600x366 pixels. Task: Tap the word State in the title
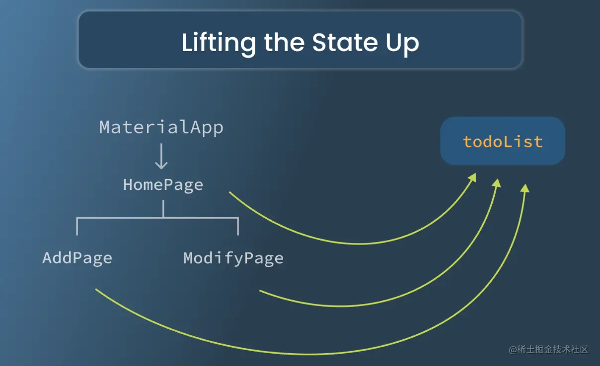tap(345, 43)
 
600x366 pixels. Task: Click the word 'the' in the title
tap(284, 42)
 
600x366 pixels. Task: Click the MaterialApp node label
tap(161, 127)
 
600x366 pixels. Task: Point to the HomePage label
tap(163, 185)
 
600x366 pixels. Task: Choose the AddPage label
tap(77, 258)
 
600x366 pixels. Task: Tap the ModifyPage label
tap(233, 258)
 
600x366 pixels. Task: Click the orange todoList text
tap(503, 141)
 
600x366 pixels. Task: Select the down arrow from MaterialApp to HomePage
tap(161, 157)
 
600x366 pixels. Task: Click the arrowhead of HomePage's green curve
tap(473, 177)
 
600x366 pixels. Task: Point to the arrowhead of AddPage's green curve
tap(525, 188)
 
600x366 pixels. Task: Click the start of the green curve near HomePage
tap(229, 192)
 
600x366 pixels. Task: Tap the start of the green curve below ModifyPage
tap(260, 291)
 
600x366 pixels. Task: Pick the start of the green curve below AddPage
tap(96, 289)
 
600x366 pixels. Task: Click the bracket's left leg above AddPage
tap(77, 227)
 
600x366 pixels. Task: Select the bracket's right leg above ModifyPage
tap(238, 227)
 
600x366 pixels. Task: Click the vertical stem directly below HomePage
tap(163, 209)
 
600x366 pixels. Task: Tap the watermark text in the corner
tap(548, 350)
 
